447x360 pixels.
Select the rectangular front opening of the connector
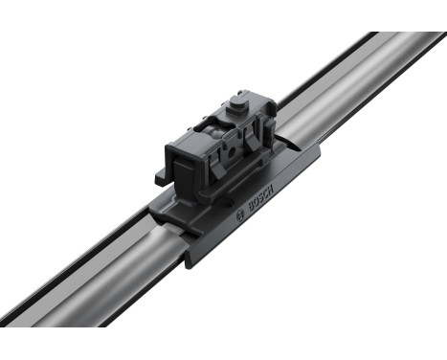coord(185,169)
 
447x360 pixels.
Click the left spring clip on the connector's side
coord(213,164)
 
